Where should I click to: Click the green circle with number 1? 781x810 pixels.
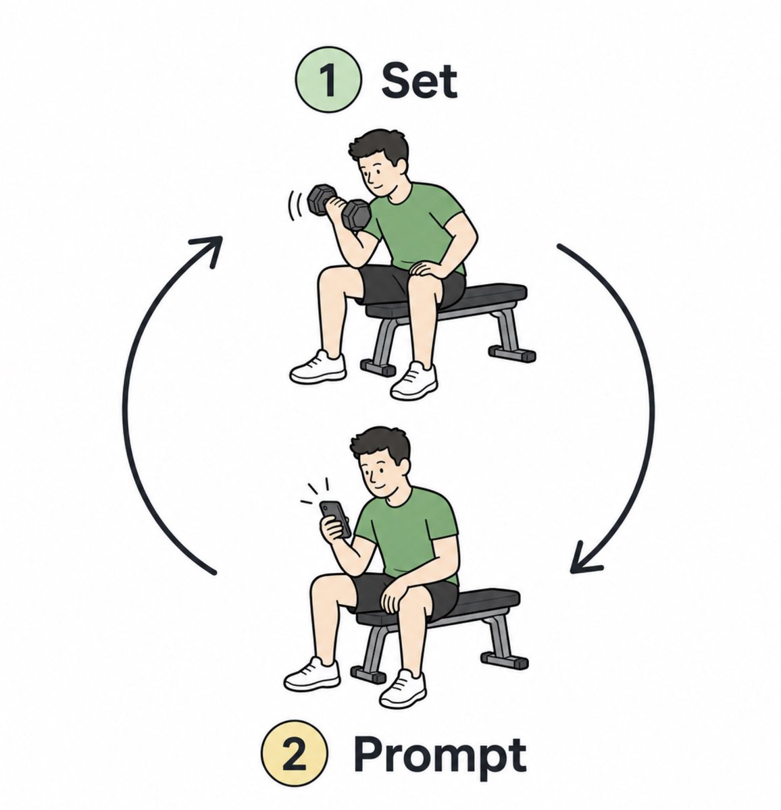328,79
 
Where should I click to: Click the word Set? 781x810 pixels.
419,81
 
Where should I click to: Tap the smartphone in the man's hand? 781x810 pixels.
336,519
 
